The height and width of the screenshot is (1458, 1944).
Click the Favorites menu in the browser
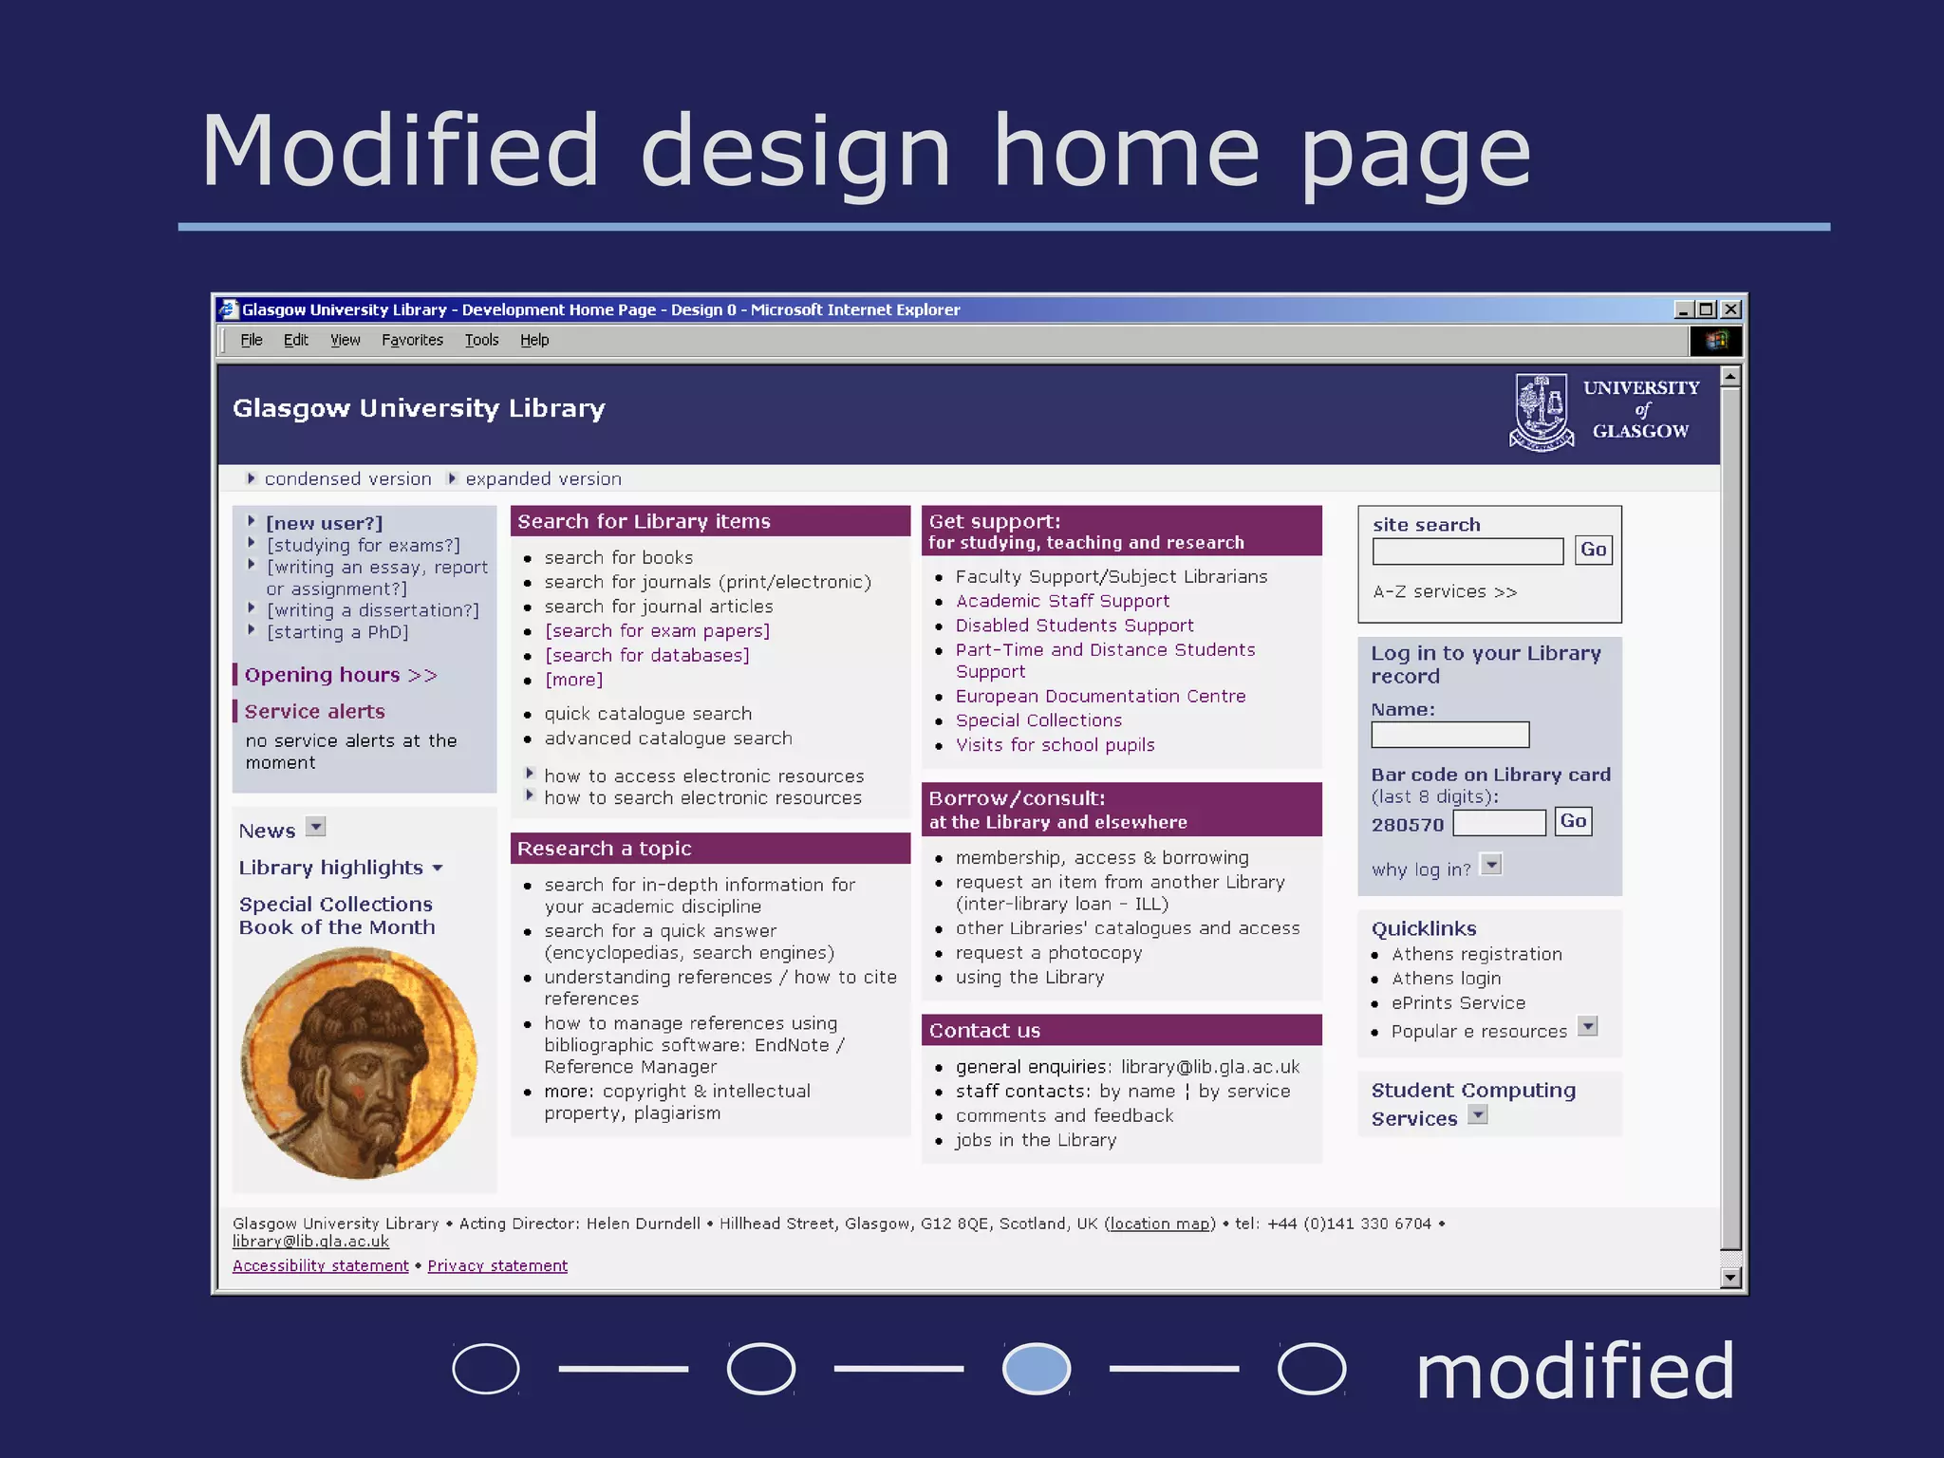[412, 340]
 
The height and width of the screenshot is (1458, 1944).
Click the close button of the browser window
[1730, 309]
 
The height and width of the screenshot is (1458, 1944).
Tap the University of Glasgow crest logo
[1542, 412]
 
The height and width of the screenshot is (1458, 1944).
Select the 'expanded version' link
[543, 479]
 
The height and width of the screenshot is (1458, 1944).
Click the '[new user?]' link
[325, 523]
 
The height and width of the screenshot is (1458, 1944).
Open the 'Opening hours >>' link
[340, 675]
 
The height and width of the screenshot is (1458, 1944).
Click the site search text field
[1467, 551]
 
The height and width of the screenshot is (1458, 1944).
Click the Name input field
[1449, 735]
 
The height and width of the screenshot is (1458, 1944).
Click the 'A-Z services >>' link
[1445, 592]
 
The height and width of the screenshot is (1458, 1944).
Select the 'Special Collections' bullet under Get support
[1038, 720]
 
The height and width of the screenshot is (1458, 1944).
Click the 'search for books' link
[618, 558]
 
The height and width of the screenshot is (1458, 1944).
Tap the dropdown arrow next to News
[316, 827]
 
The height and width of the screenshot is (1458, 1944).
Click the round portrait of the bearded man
[359, 1063]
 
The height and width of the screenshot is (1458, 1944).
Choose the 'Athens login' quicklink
[1446, 979]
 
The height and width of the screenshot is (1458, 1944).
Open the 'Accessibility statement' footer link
[320, 1266]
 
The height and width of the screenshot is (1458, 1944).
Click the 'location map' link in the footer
[1160, 1224]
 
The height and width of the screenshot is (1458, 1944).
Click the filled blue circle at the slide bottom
[1037, 1369]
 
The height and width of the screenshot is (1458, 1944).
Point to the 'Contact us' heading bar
[1121, 1031]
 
